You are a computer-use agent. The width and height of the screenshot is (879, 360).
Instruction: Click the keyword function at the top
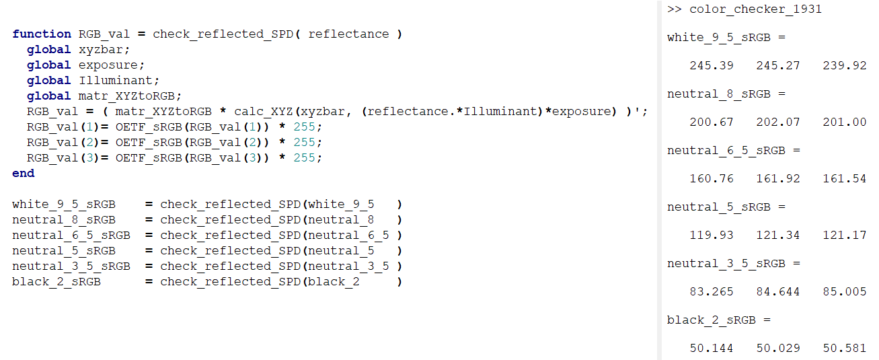point(41,34)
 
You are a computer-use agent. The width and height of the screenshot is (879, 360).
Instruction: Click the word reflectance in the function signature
point(348,34)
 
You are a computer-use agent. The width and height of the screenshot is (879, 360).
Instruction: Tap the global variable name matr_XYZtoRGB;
point(130,96)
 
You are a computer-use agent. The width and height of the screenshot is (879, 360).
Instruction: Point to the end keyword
point(23,173)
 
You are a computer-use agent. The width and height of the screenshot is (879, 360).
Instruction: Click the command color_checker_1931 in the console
point(756,9)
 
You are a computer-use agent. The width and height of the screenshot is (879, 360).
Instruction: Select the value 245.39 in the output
point(712,65)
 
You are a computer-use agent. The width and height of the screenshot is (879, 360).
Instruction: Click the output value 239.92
point(845,65)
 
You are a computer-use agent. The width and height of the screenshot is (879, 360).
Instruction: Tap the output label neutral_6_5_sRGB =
point(734,150)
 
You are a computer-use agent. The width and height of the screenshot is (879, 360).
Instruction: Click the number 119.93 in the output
point(712,235)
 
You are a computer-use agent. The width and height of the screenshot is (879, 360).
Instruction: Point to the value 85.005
point(845,291)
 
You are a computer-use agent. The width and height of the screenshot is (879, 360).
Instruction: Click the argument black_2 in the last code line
point(333,281)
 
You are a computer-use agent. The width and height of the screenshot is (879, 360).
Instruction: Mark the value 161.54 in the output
point(845,178)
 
